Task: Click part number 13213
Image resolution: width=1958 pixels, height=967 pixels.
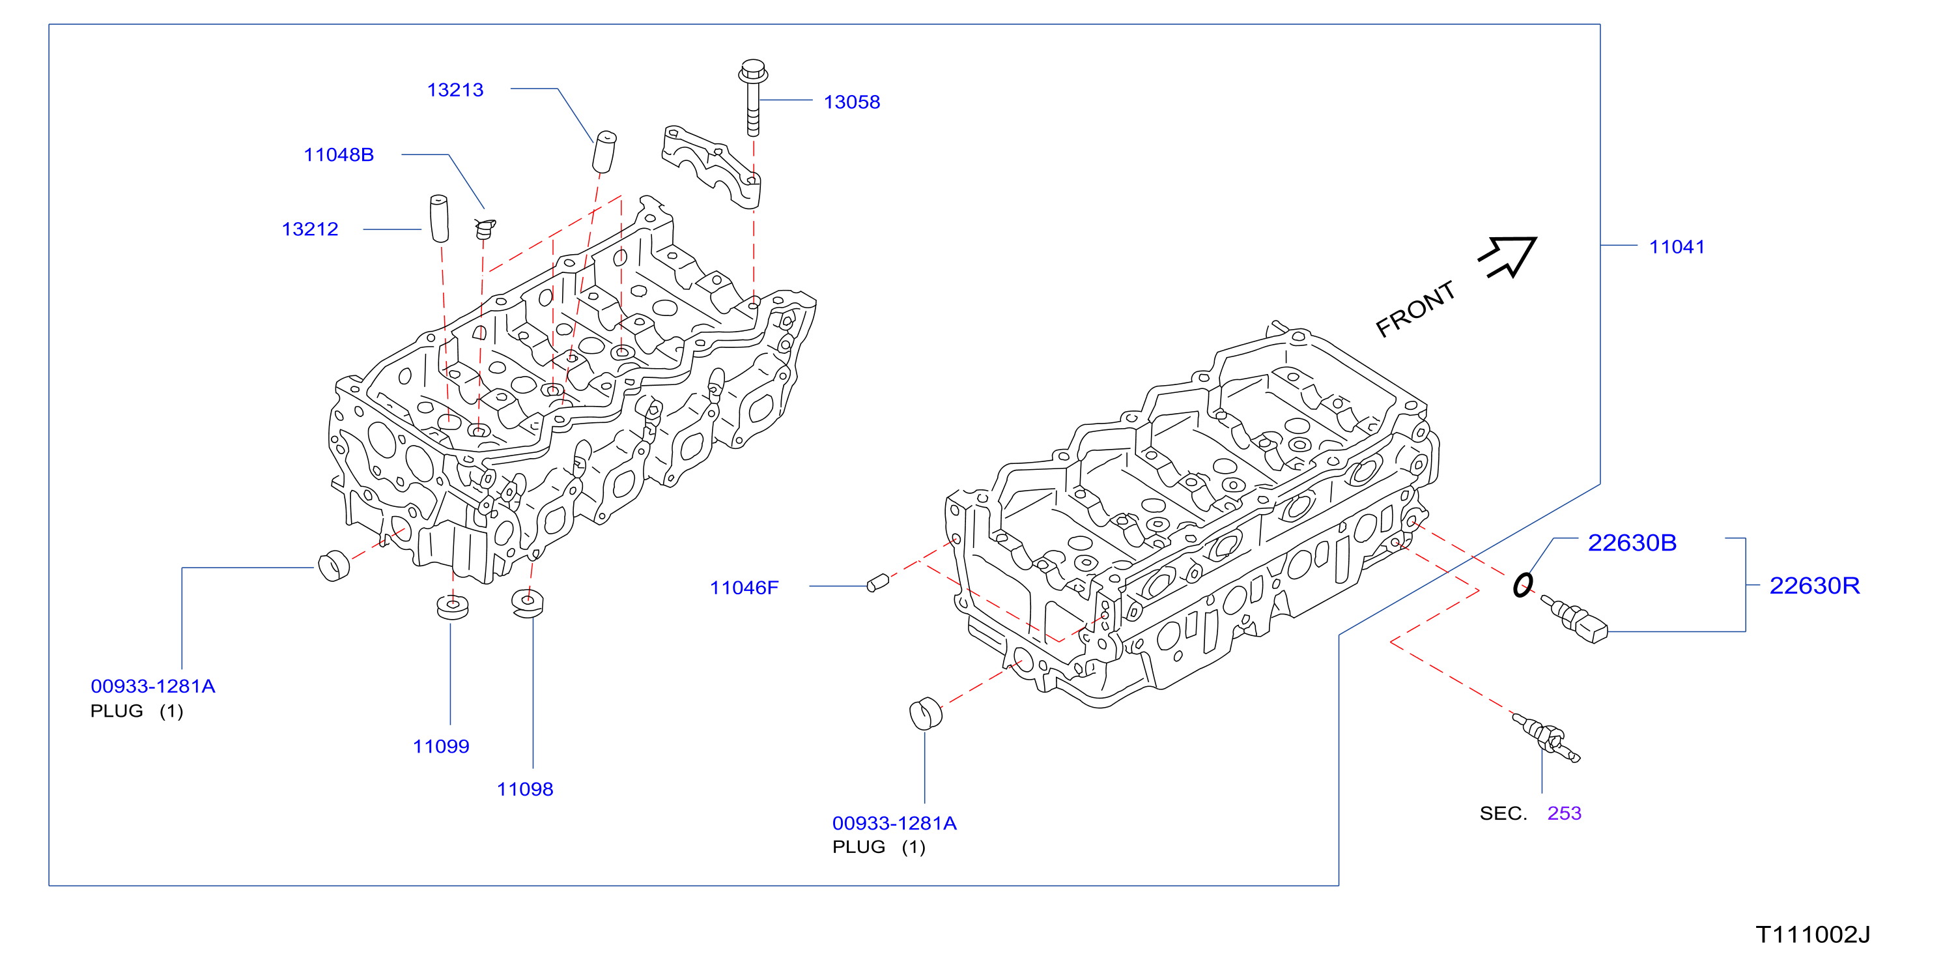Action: [x=455, y=90]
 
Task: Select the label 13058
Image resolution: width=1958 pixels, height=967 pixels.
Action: [x=851, y=102]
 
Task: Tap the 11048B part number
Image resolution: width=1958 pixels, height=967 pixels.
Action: [x=338, y=154]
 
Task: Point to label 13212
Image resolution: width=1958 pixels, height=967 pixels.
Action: [x=309, y=229]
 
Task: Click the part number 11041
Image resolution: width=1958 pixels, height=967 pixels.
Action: [x=1676, y=246]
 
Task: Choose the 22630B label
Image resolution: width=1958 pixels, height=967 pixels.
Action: [x=1631, y=542]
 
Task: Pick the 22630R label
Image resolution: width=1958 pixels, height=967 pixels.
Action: [x=1813, y=585]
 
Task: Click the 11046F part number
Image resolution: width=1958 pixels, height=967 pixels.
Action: [x=743, y=587]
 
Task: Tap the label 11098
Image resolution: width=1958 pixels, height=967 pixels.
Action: [x=524, y=788]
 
